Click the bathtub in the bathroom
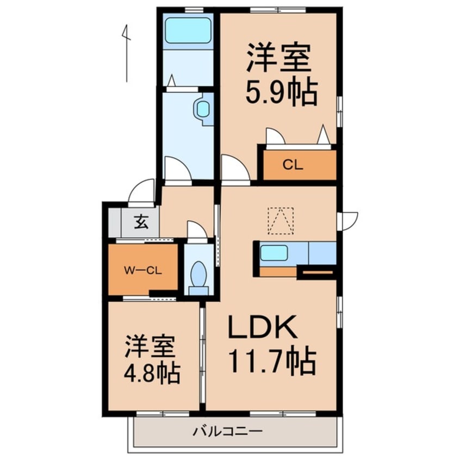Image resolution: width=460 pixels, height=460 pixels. tap(188, 30)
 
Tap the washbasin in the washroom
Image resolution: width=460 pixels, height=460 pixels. tap(203, 110)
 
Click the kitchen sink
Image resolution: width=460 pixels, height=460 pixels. tap(273, 253)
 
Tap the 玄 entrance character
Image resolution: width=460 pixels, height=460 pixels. tap(141, 222)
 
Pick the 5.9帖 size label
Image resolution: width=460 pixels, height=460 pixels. tap(281, 94)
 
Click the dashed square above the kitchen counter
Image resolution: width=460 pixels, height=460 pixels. tap(281, 221)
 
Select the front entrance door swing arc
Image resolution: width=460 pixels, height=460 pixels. tap(142, 191)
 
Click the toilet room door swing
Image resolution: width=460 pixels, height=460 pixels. tap(196, 229)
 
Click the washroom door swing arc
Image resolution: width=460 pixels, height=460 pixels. tap(177, 170)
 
